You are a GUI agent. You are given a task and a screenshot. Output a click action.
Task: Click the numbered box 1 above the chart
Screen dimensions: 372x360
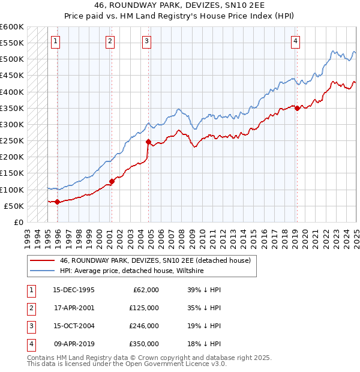55,41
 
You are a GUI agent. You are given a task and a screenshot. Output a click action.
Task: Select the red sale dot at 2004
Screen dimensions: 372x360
148,142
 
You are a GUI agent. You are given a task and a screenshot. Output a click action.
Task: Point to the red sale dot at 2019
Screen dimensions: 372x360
297,108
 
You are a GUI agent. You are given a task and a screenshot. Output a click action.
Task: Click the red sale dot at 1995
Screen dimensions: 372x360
58,202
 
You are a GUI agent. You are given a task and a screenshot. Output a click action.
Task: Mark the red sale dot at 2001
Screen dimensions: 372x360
112,181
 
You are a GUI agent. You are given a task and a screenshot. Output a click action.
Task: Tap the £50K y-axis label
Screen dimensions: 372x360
14,206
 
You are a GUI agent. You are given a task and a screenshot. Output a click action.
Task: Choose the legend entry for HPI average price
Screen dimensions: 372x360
131,271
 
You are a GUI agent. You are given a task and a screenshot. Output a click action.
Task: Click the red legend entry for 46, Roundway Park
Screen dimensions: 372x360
158,260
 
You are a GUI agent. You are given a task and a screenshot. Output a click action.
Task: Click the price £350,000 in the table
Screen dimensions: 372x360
144,344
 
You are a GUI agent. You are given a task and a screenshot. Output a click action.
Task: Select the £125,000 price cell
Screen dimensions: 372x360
144,307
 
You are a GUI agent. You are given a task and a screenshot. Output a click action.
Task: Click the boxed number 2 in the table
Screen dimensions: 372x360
30,307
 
